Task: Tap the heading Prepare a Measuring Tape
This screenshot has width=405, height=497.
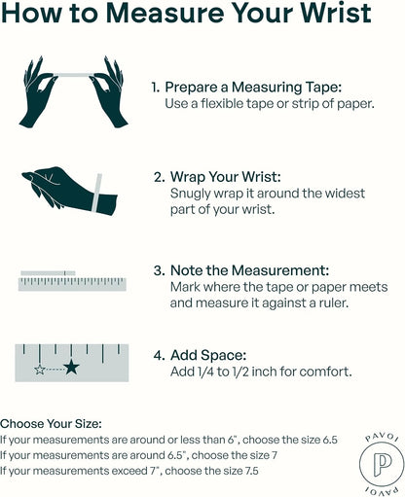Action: pyautogui.click(x=253, y=88)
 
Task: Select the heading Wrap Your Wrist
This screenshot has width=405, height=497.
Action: pyautogui.click(x=226, y=177)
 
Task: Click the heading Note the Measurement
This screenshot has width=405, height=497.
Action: pyautogui.click(x=250, y=270)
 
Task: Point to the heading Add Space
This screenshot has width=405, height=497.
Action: pyautogui.click(x=208, y=355)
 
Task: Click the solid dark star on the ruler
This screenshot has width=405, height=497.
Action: pyautogui.click(x=71, y=367)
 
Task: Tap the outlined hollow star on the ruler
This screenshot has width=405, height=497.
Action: pyautogui.click(x=40, y=370)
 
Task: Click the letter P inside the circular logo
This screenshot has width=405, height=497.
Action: pyautogui.click(x=382, y=465)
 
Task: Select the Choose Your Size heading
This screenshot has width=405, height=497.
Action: pyautogui.click(x=51, y=424)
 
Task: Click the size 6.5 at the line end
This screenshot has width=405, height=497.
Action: pyautogui.click(x=330, y=440)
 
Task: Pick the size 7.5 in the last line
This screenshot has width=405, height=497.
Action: pyautogui.click(x=250, y=471)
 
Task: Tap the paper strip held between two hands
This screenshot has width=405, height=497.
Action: pyautogui.click(x=74, y=75)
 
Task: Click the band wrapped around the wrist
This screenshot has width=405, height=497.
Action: pyautogui.click(x=96, y=194)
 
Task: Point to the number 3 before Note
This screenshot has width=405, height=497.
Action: pyautogui.click(x=158, y=270)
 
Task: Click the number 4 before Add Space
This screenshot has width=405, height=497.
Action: pyautogui.click(x=158, y=355)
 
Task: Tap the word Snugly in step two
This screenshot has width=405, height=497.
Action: pyautogui.click(x=191, y=194)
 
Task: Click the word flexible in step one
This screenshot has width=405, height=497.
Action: pyautogui.click(x=222, y=104)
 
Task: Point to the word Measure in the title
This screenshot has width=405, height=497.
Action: pyautogui.click(x=166, y=13)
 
